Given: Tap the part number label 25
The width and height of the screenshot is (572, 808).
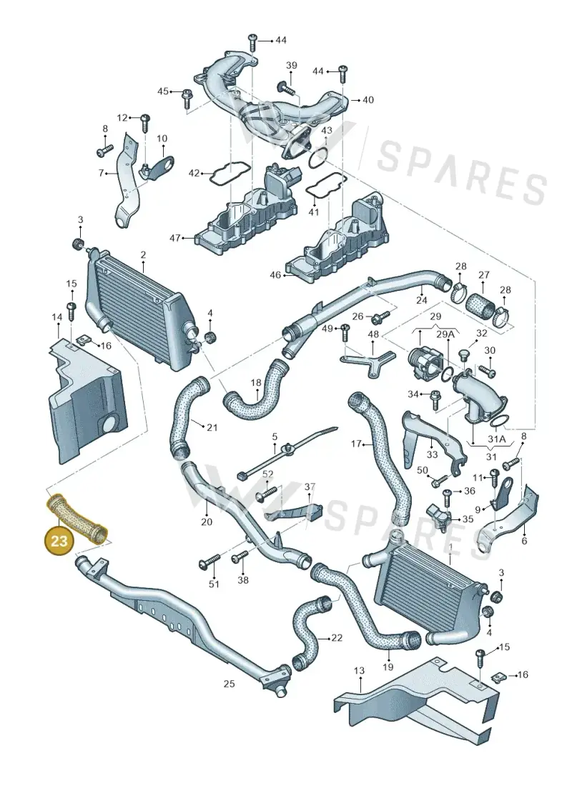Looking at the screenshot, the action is tap(229, 683).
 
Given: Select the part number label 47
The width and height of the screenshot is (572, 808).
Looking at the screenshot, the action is tap(175, 238).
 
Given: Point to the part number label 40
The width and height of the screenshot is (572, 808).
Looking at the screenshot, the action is tap(368, 99).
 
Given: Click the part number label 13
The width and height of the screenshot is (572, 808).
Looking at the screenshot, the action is tap(359, 670).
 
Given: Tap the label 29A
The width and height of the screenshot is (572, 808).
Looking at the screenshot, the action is tap(446, 334).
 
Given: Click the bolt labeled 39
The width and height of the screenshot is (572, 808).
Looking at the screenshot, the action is tap(286, 88).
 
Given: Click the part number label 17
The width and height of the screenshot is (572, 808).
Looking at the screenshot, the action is tap(356, 443).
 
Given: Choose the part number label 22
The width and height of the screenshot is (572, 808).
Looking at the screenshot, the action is tap(336, 637).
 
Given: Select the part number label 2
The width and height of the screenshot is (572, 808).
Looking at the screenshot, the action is tap(143, 254).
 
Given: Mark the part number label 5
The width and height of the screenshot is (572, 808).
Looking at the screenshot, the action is tap(275, 437).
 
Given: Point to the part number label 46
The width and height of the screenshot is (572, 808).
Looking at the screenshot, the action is tap(275, 274).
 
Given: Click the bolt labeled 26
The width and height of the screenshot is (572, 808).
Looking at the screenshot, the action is tap(383, 315).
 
